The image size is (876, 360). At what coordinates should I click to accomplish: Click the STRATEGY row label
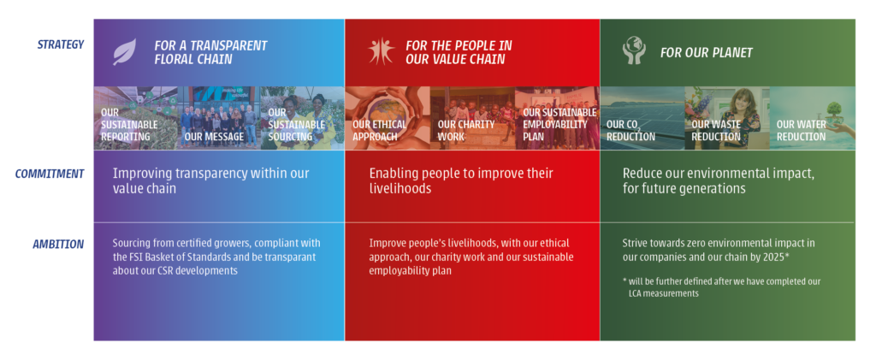(x=61, y=44)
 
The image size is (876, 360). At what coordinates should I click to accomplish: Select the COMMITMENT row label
(x=49, y=174)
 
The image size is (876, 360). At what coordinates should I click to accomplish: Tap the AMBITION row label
(x=58, y=244)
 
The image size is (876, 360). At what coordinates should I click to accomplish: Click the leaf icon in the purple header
(x=125, y=52)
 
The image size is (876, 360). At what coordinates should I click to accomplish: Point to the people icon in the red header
(x=382, y=50)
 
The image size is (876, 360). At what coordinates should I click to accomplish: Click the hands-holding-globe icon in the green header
(x=634, y=50)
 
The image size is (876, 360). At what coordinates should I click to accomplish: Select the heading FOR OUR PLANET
(x=706, y=52)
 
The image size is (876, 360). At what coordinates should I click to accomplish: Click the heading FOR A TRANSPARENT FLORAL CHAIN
(x=210, y=52)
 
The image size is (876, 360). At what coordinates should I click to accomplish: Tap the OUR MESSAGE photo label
(x=214, y=137)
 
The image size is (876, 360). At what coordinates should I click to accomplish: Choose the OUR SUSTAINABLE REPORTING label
(x=129, y=125)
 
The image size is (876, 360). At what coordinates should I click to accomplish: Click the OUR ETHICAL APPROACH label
(x=379, y=130)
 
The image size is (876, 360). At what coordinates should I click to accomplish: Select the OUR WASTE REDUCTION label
(x=717, y=130)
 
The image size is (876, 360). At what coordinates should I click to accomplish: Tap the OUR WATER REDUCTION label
(x=802, y=130)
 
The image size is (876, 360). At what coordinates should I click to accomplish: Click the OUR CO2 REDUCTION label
(x=630, y=131)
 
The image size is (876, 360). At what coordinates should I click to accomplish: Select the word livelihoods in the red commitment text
(x=400, y=189)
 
